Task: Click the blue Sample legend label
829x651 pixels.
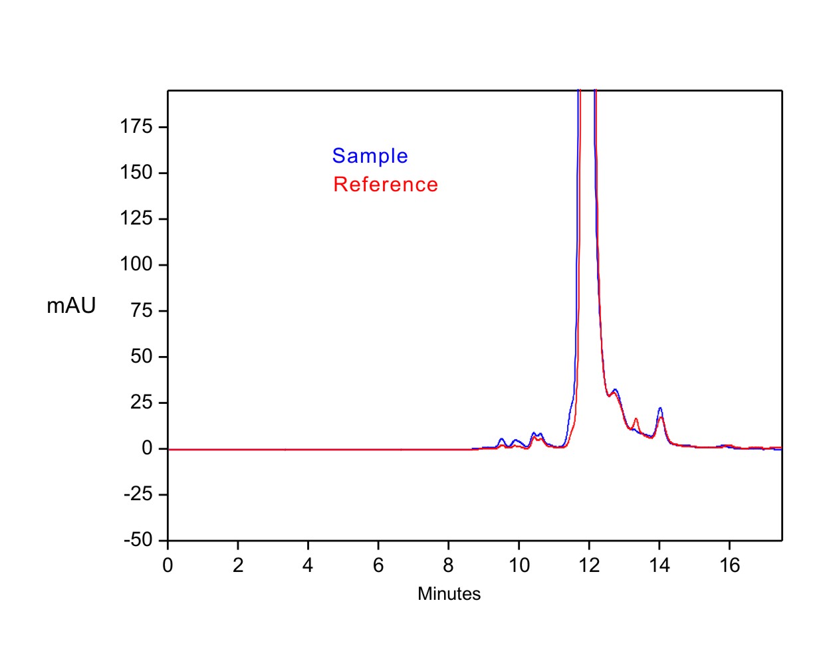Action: coord(370,156)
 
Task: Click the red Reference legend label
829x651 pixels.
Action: coord(386,185)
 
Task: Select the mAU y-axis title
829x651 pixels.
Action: coord(71,306)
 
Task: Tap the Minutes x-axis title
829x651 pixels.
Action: coord(449,594)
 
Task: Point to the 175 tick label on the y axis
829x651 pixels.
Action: coord(136,127)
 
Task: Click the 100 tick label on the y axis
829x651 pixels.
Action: coord(136,264)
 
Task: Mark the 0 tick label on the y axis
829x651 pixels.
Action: coord(147,449)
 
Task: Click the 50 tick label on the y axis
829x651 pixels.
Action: coord(141,357)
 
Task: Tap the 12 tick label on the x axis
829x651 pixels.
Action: coord(589,565)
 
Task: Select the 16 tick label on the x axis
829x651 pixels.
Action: coord(729,565)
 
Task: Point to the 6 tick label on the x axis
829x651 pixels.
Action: coord(378,565)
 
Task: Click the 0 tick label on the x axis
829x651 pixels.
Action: coord(168,565)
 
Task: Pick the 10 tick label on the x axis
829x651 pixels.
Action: coord(519,565)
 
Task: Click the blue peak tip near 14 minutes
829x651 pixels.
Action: coord(660,409)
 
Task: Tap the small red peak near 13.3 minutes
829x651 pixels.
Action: coord(636,418)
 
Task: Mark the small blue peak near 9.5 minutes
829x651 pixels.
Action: coord(501,439)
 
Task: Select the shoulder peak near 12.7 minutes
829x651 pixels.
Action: coord(616,390)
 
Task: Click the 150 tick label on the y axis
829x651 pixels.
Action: coord(136,173)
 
